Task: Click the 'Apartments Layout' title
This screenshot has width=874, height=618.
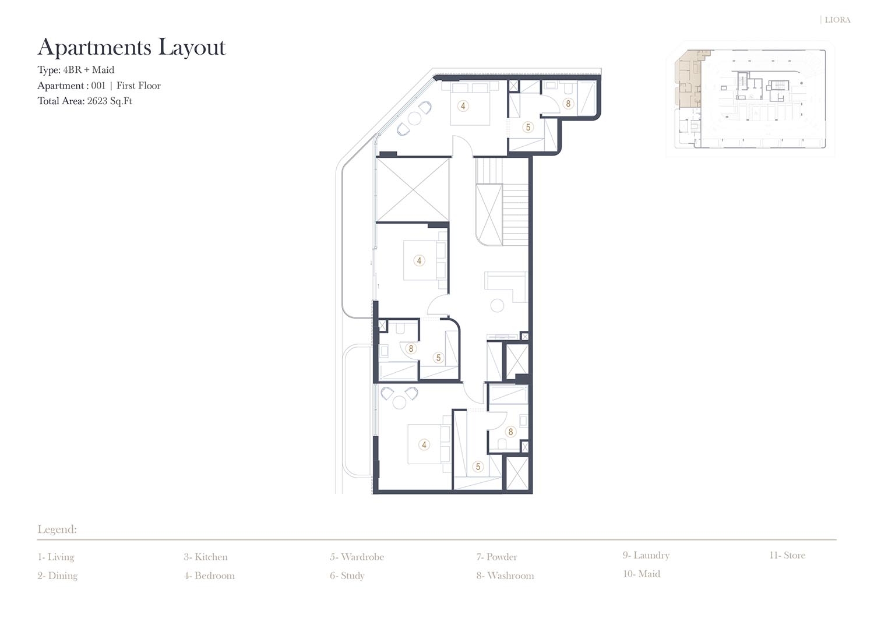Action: click(132, 48)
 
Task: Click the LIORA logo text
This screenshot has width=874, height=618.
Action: click(837, 20)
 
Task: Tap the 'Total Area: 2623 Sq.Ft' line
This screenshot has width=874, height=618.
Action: click(84, 101)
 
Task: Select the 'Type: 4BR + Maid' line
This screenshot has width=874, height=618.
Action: click(76, 70)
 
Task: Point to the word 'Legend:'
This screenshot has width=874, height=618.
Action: click(57, 529)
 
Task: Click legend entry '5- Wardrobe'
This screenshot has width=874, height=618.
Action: click(357, 557)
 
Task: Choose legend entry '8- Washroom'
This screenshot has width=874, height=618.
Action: click(505, 575)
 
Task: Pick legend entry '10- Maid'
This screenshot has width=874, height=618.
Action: click(642, 574)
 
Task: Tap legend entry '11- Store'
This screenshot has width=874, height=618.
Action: click(787, 555)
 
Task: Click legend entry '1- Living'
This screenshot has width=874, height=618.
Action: click(56, 557)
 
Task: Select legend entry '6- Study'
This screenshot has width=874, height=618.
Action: click(347, 576)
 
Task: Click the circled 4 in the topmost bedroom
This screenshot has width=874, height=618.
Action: click(463, 106)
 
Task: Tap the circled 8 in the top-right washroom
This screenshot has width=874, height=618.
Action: click(568, 104)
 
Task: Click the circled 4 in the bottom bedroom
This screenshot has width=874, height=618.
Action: click(424, 444)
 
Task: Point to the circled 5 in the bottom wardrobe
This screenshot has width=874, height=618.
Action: click(478, 466)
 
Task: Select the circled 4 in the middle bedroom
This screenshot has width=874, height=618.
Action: click(419, 260)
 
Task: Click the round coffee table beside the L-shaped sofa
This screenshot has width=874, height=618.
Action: click(497, 305)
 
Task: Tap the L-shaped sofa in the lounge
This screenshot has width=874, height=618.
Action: click(506, 287)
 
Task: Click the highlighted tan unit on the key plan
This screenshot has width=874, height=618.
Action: click(688, 78)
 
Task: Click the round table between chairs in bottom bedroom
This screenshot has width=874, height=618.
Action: click(399, 402)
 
